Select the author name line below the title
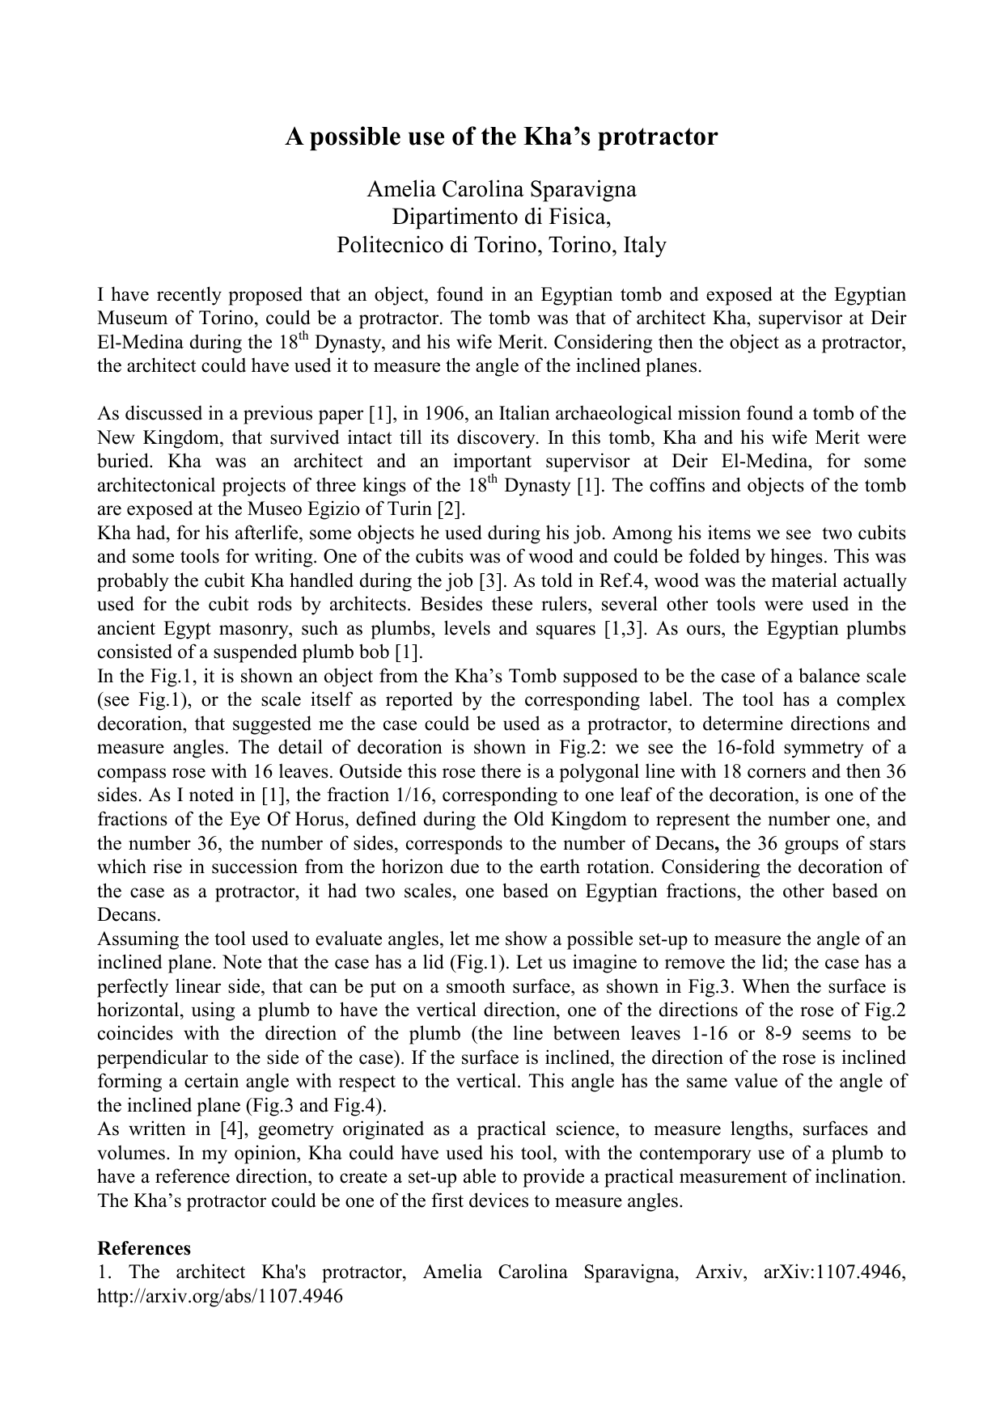pos(502,189)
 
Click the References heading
pos(144,1248)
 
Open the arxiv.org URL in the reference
pos(220,1296)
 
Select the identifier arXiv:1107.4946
pos(835,1272)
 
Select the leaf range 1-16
pos(754,1034)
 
